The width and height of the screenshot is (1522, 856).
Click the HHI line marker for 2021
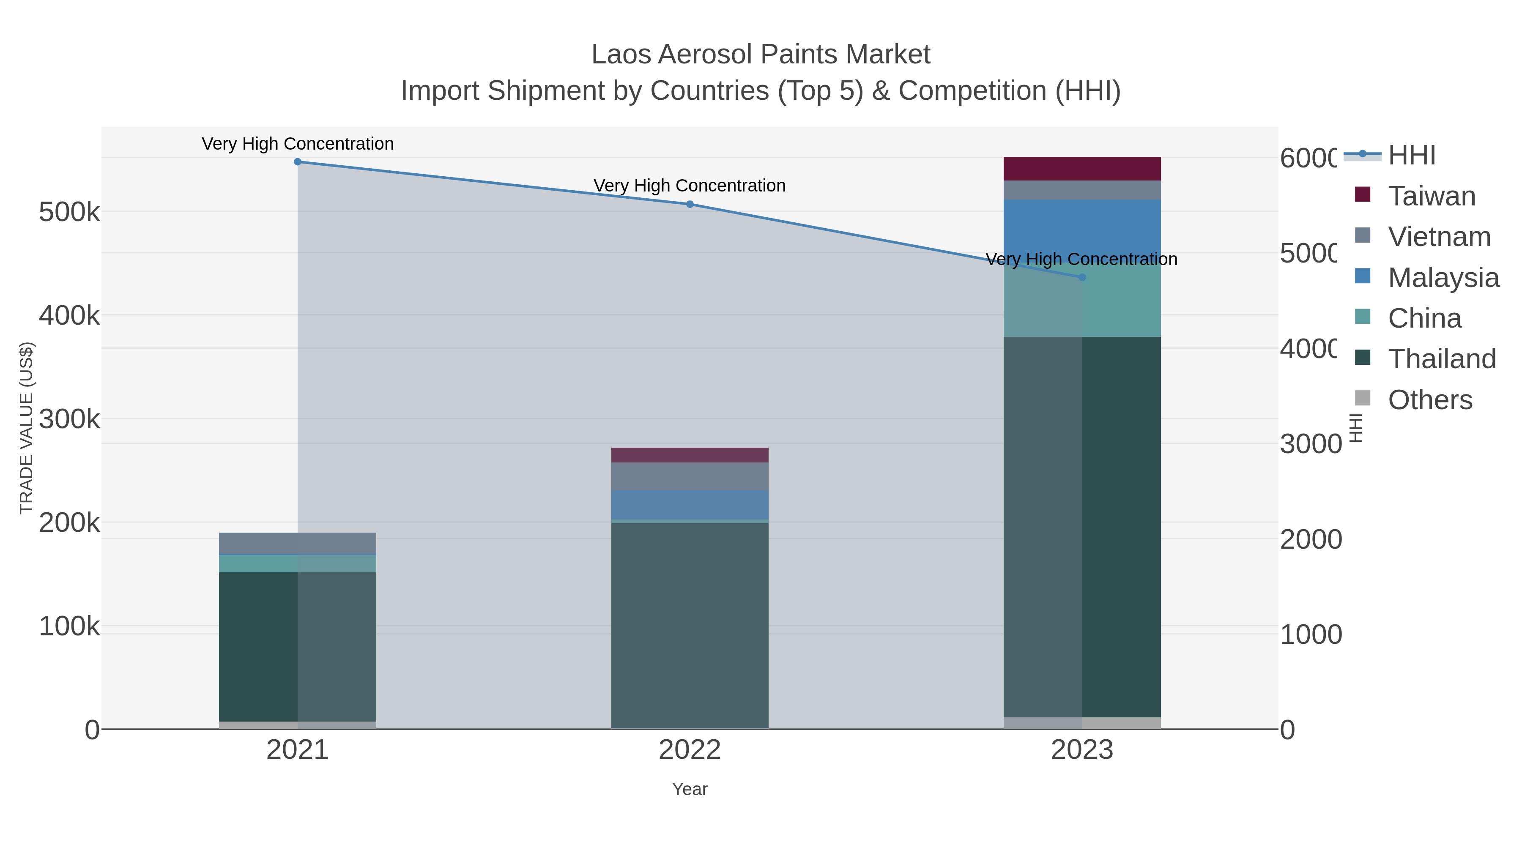pos(298,162)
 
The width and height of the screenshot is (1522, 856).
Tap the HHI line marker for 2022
pos(690,205)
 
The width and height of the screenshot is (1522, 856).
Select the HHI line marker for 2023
pos(1082,277)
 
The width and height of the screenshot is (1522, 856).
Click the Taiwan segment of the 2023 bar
pos(1082,169)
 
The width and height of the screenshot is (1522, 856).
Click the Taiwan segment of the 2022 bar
pos(690,455)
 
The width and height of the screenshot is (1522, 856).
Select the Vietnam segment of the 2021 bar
pos(298,544)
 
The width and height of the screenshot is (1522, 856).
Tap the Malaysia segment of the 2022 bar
pos(690,504)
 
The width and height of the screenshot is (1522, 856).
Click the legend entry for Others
pos(1429,400)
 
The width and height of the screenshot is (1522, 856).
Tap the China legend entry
pos(1424,318)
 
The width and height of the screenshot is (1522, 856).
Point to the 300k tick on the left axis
pos(69,419)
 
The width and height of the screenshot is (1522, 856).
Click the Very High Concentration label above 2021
pos(298,144)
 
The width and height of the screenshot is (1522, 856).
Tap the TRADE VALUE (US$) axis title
pos(27,428)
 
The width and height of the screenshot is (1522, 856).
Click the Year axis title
pos(690,789)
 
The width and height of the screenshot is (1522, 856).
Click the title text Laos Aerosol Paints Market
pos(761,55)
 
